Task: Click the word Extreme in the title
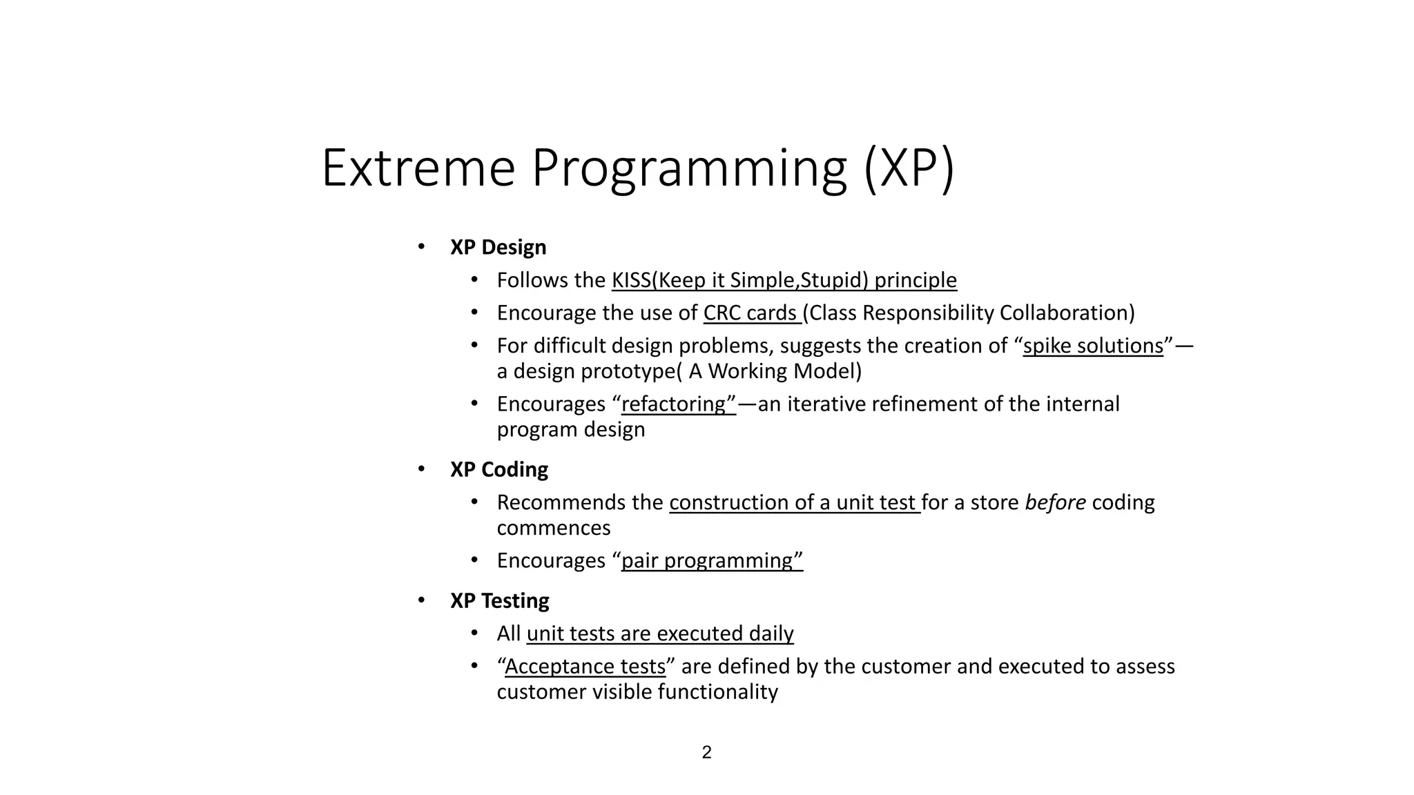click(418, 168)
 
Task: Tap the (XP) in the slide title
click(909, 168)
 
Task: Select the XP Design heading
click(498, 247)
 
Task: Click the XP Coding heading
click(498, 469)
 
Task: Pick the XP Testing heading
click(499, 600)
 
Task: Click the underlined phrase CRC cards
click(750, 313)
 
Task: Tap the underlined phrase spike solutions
click(1093, 346)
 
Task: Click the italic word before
click(1055, 502)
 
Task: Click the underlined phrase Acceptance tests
click(585, 667)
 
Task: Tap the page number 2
click(706, 752)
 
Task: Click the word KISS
click(631, 280)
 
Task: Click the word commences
click(553, 528)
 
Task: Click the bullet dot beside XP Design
click(421, 246)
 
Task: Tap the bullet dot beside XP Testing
click(421, 600)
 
